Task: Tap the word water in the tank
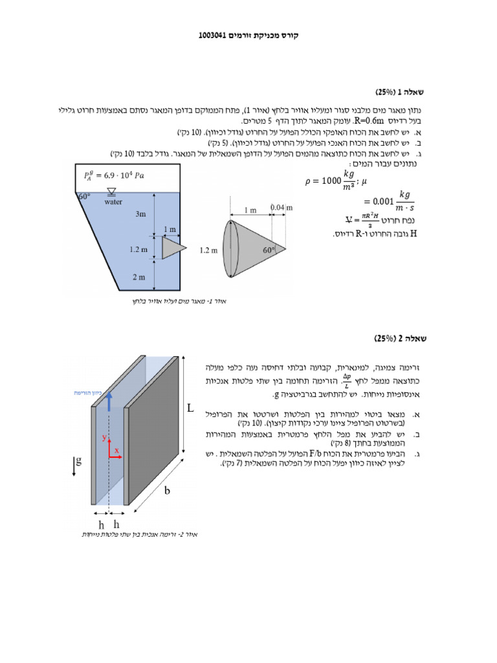[113, 201]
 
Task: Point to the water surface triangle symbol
[112, 191]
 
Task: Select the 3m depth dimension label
[140, 213]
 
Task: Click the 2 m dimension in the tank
[139, 276]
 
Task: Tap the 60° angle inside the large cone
[270, 248]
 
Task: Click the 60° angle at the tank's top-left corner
[83, 196]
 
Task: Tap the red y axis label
[104, 438]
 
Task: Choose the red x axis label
[117, 449]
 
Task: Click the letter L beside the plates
[190, 409]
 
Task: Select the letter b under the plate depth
[166, 491]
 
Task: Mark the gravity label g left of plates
[79, 461]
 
